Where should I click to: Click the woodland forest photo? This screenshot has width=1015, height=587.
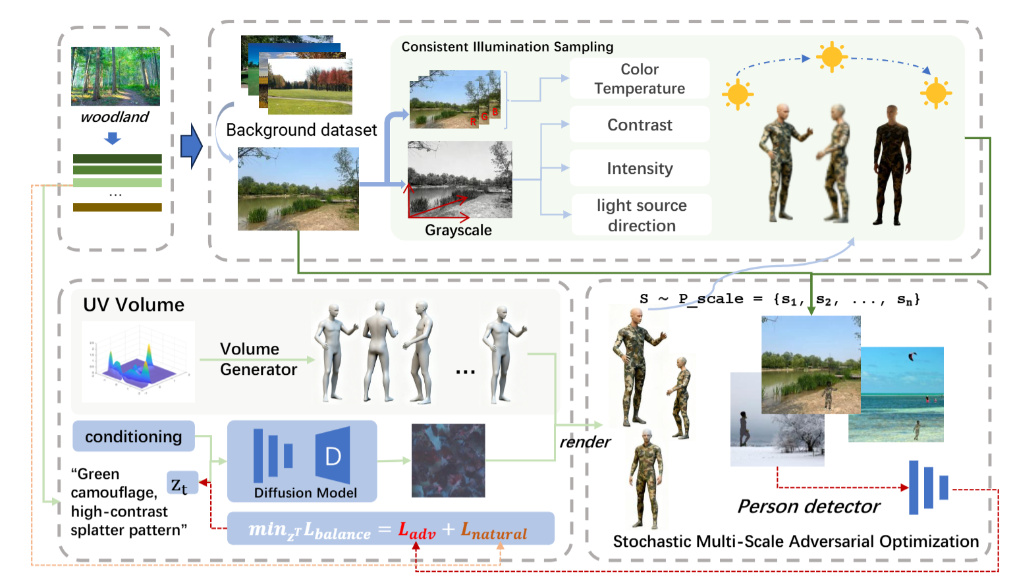click(115, 76)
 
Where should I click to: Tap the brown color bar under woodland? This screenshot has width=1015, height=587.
click(117, 207)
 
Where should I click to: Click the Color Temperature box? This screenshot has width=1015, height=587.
click(639, 78)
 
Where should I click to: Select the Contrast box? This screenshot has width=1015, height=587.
click(639, 125)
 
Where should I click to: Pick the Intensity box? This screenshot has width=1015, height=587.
click(639, 168)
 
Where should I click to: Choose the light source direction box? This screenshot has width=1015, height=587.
click(641, 215)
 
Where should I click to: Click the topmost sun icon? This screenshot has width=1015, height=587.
click(831, 57)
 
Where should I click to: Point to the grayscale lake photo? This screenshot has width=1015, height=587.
click(460, 179)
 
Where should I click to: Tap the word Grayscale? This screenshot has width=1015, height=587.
click(458, 230)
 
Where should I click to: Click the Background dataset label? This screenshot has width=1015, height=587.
click(301, 130)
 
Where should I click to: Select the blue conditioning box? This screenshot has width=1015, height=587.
click(134, 436)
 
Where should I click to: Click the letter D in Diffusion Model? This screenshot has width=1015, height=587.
click(333, 456)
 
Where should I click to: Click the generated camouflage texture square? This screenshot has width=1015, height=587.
click(448, 460)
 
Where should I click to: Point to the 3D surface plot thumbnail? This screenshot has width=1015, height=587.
click(138, 362)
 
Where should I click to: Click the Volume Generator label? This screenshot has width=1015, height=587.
click(258, 359)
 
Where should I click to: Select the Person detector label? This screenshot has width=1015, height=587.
click(808, 506)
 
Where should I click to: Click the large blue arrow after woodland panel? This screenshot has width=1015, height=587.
click(191, 146)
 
